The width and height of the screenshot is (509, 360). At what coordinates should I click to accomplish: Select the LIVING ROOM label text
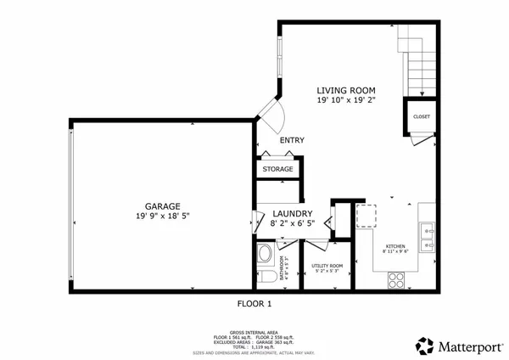coord(346,90)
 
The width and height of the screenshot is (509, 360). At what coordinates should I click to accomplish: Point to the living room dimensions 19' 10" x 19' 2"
coord(346,100)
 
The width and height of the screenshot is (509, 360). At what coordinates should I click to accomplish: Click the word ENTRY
coord(292,140)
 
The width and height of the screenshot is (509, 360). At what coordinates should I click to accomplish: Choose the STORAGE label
coord(277,169)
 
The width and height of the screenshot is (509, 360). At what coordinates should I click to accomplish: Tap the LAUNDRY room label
coord(293,213)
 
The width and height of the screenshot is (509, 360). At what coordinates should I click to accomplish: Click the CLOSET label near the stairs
coord(422,116)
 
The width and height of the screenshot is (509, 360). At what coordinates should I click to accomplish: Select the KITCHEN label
coord(396,245)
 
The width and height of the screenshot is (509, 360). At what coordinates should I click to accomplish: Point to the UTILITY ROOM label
coord(327,267)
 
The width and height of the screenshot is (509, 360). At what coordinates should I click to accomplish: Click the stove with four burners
coord(396,278)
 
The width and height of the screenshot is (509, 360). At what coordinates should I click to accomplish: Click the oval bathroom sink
coord(264,254)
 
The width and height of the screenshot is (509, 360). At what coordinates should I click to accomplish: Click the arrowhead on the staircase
coord(418,94)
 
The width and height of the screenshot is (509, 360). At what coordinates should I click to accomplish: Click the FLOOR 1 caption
coord(254,303)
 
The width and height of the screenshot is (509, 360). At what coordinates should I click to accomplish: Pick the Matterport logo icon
coord(424,346)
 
